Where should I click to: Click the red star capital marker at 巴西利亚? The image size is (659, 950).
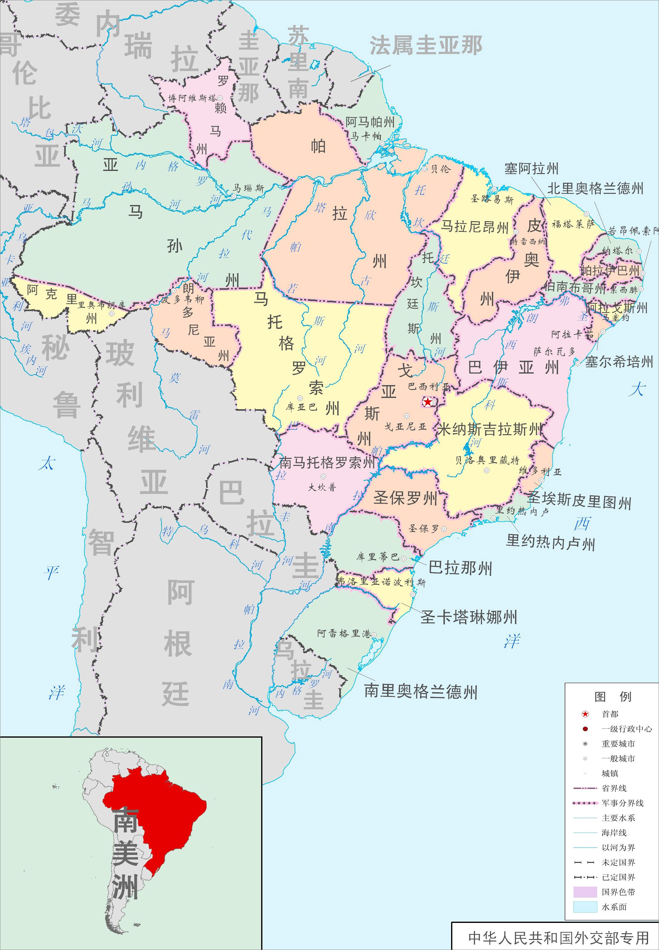click(428, 401)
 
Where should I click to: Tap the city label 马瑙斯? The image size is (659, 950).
click(248, 188)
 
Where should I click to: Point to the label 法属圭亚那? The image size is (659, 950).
click(426, 45)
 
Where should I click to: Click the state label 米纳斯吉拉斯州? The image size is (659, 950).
click(489, 429)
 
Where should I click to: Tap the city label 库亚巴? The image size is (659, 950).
click(301, 407)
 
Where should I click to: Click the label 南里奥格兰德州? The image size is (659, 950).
click(420, 691)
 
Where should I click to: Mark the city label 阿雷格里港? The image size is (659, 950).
click(344, 633)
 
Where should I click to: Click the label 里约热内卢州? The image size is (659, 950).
click(550, 542)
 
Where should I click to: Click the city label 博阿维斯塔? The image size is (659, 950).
click(192, 98)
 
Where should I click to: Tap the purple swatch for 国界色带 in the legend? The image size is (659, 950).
click(585, 892)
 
